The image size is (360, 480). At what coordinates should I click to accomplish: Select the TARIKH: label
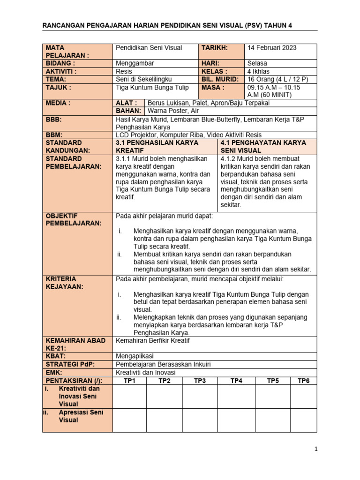pyautogui.click(x=214, y=48)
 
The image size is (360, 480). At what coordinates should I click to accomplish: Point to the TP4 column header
pyautogui.click(x=236, y=381)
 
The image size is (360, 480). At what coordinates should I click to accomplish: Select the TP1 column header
pyautogui.click(x=129, y=381)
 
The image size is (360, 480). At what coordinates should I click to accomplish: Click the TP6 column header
pyautogui.click(x=304, y=381)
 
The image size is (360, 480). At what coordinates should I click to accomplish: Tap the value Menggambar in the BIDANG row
pyautogui.click(x=134, y=63)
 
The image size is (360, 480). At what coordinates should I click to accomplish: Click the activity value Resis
pyautogui.click(x=124, y=71)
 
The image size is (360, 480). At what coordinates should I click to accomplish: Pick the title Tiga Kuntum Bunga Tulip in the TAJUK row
pyautogui.click(x=152, y=87)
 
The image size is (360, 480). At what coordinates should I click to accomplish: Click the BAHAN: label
pyautogui.click(x=128, y=111)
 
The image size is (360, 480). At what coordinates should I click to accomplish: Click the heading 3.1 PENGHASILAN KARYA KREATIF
pyautogui.click(x=157, y=146)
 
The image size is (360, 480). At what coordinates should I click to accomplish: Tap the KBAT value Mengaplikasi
pyautogui.click(x=135, y=356)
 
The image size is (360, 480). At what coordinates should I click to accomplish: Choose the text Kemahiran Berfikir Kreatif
pyautogui.click(x=152, y=340)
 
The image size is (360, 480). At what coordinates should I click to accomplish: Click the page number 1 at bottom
pyautogui.click(x=316, y=449)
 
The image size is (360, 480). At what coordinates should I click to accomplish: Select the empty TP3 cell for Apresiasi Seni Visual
pyautogui.click(x=200, y=420)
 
